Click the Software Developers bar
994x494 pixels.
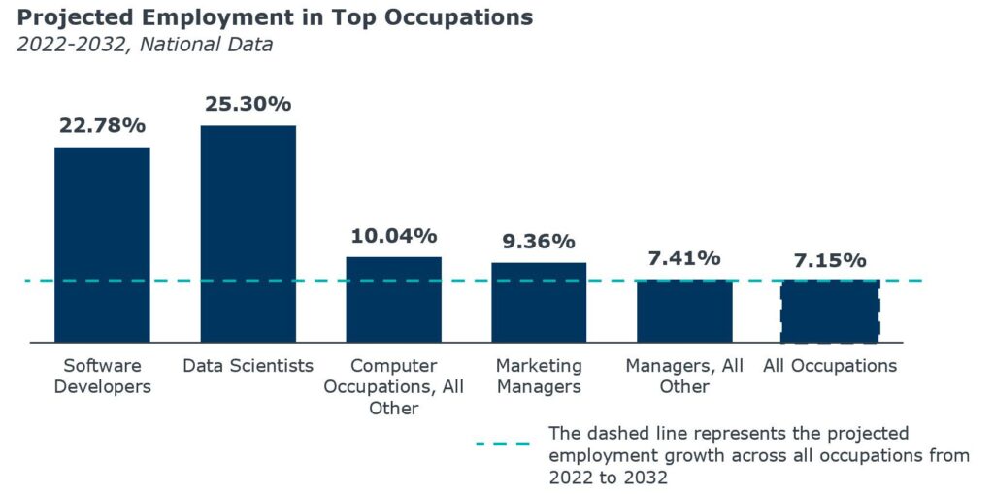click(102, 245)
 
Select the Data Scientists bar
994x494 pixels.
click(248, 234)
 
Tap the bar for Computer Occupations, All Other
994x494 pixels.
click(393, 299)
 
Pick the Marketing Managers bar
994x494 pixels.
click(539, 302)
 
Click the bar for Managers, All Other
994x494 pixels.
click(684, 311)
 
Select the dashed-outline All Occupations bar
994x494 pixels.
click(830, 312)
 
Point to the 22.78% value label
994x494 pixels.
click(102, 125)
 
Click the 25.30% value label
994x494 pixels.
click(248, 104)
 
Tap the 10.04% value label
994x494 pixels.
click(393, 236)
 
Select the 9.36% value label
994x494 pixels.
click(539, 242)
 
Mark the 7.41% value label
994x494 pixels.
click(684, 258)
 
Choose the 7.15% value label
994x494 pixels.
click(830, 260)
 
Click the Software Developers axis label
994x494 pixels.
click(102, 377)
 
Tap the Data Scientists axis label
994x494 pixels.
click(248, 366)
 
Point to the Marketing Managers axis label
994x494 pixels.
click(539, 377)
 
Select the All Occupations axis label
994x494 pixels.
click(830, 366)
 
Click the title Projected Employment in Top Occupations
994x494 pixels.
click(275, 17)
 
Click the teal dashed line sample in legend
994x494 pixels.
click(503, 444)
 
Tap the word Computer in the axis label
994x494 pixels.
click(393, 366)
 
